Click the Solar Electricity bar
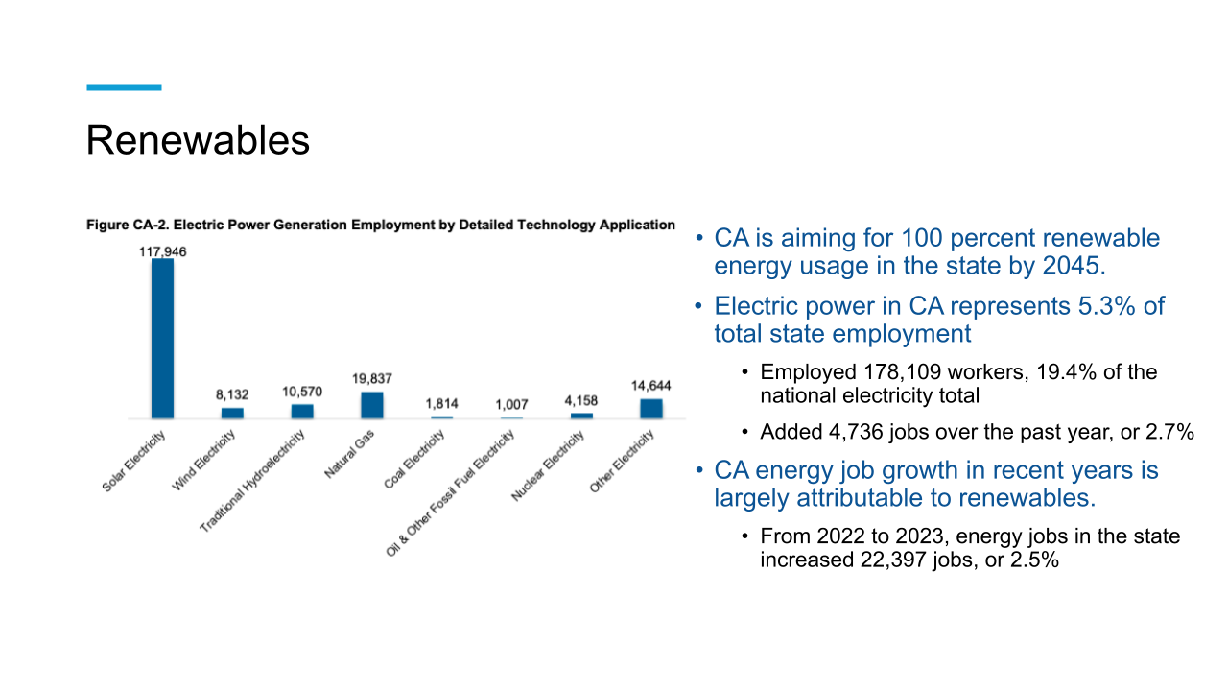163,338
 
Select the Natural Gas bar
372,405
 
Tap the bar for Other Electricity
651,408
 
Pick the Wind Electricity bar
232,413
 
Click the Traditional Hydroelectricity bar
302,411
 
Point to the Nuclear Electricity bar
581,415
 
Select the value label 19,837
372,379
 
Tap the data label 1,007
511,405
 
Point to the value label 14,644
651,386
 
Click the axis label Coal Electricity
415,459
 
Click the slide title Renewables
198,140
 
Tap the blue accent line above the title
124,87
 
